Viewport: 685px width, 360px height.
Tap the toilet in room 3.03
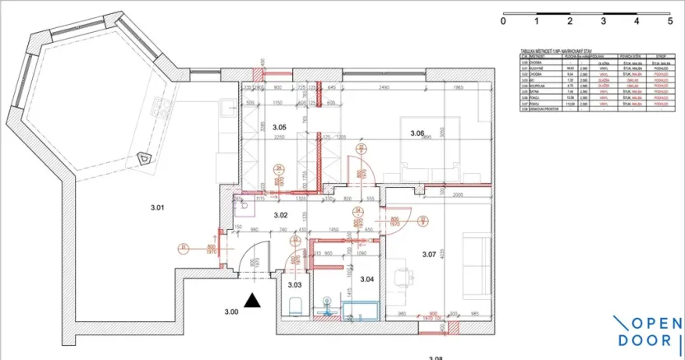(296, 308)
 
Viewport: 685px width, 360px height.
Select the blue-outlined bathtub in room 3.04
(361, 311)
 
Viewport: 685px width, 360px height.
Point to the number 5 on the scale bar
(670, 22)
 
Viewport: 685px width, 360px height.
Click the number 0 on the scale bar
(503, 22)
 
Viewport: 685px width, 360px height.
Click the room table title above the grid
(552, 51)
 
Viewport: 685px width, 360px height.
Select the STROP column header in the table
(659, 56)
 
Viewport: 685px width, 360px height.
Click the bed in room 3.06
(424, 144)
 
